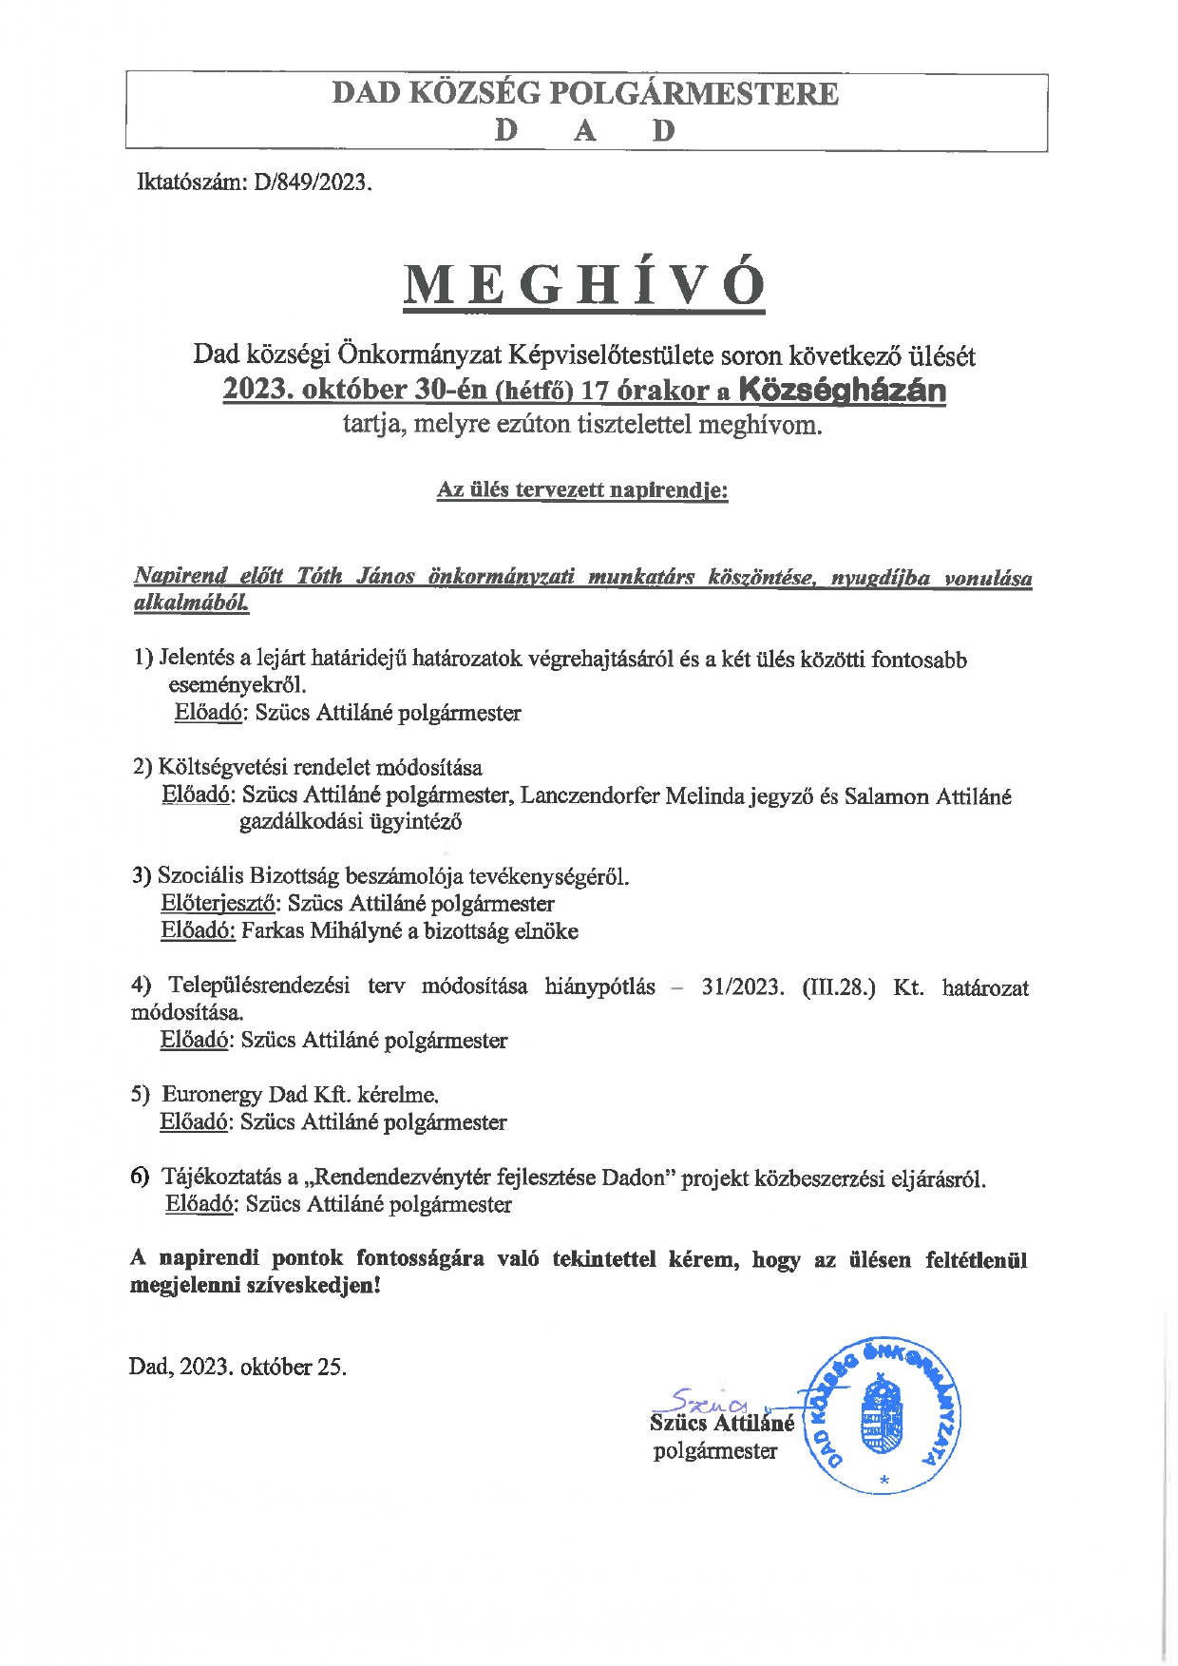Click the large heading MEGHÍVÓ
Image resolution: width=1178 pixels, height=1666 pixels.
pyautogui.click(x=584, y=284)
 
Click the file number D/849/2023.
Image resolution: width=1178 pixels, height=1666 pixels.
pyautogui.click(x=313, y=182)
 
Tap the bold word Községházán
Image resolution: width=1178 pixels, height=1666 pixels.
pyautogui.click(x=842, y=390)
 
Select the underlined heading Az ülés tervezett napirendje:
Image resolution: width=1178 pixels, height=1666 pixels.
pyautogui.click(x=582, y=489)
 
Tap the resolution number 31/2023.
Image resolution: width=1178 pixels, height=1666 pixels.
pyautogui.click(x=742, y=986)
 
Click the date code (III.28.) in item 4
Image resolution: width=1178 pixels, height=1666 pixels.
pyautogui.click(x=839, y=986)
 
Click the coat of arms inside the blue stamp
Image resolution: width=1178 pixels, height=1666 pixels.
pyautogui.click(x=882, y=1417)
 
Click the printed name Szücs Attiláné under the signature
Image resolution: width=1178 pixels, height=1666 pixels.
pyautogui.click(x=722, y=1423)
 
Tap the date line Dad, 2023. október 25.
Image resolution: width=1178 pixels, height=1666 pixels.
pyautogui.click(x=237, y=1367)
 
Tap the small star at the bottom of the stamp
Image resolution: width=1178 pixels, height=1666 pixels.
pyautogui.click(x=884, y=1480)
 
